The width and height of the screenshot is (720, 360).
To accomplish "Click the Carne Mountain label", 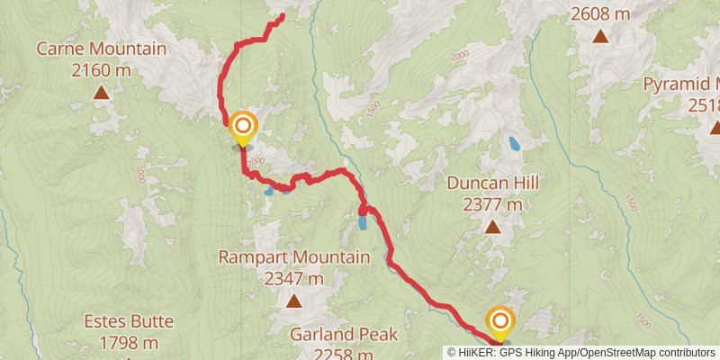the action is coord(102,49).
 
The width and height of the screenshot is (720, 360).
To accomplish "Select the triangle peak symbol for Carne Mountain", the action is coord(102,92).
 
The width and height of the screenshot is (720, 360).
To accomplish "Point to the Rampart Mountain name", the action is coord(294,258).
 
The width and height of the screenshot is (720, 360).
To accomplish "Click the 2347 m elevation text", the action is coord(294,278).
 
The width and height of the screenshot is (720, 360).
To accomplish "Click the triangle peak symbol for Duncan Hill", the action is coord(493,227).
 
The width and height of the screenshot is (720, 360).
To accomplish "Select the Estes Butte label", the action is coord(129,322).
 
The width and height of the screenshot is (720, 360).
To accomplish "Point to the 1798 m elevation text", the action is coord(129,342).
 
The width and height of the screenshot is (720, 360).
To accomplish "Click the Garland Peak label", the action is coord(344,335).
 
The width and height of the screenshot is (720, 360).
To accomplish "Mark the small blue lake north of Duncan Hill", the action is coord(514,143).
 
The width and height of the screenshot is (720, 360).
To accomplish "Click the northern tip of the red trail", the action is coord(283,14).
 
